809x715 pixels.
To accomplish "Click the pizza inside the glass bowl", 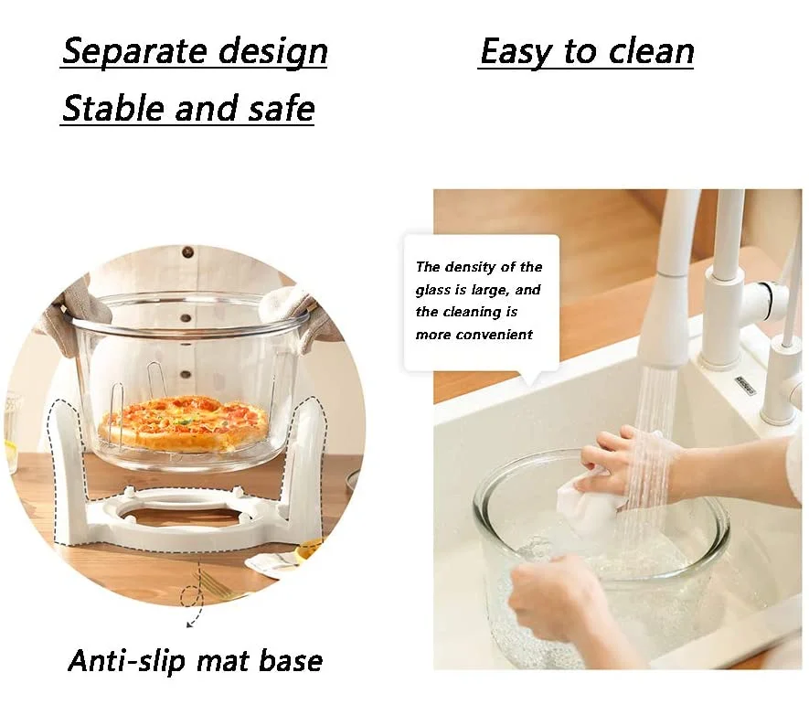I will click(x=184, y=422).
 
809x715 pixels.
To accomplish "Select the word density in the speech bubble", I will click(x=481, y=267).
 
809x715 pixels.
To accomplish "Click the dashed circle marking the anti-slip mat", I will click(x=192, y=598).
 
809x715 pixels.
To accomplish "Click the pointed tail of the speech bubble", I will click(x=531, y=379).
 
